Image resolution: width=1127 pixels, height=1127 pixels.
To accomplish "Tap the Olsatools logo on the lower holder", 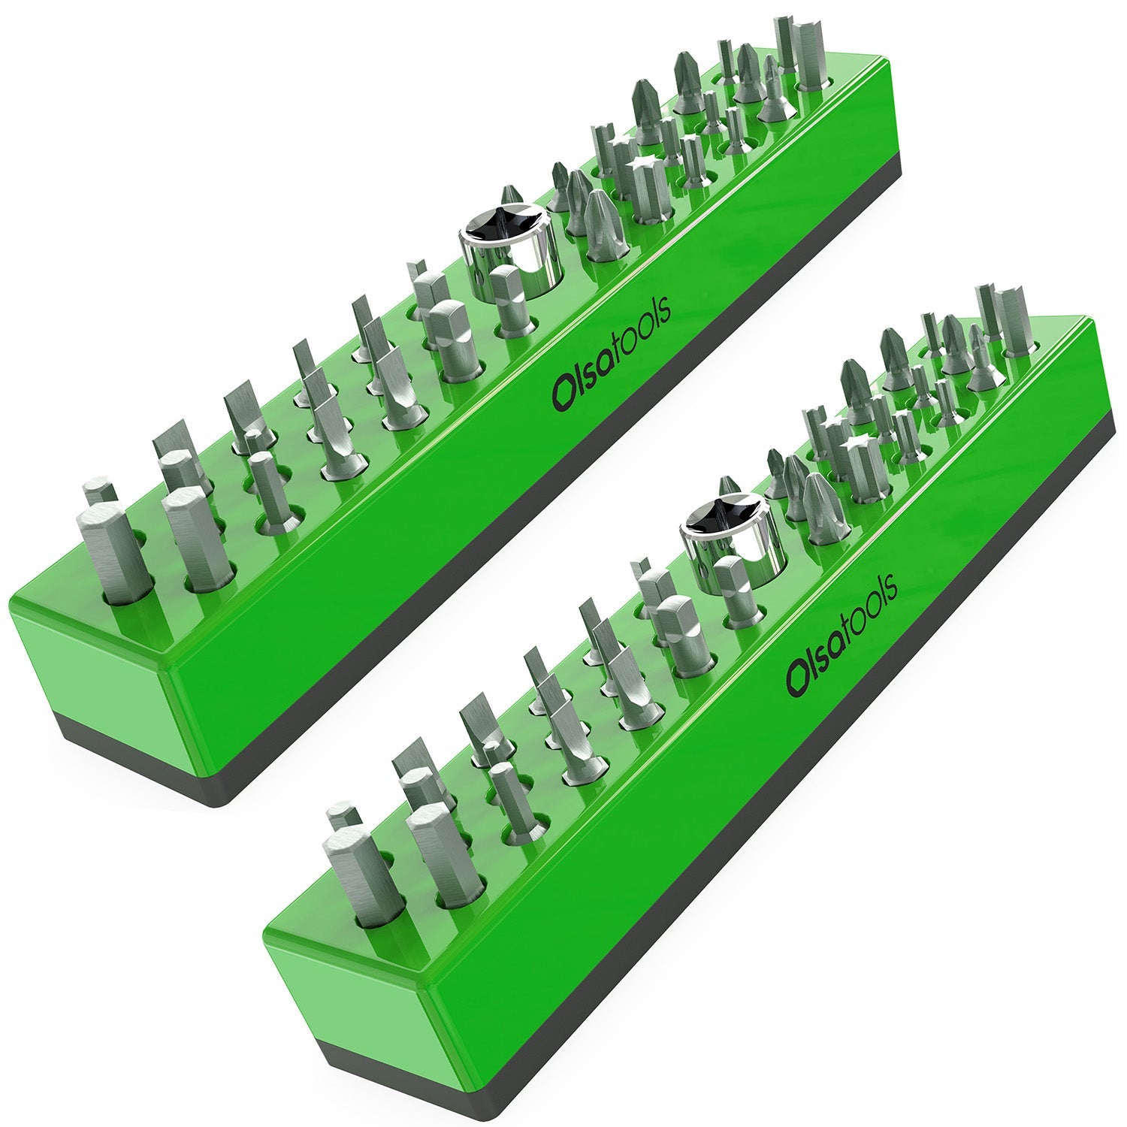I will pos(841,631).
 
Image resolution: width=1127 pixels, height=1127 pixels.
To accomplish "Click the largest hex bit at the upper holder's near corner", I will pos(105,552).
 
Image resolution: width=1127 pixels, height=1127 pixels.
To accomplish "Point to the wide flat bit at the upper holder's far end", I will pos(810,56).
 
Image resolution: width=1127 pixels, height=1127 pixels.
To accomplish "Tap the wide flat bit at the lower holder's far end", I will pos(1014,319).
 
